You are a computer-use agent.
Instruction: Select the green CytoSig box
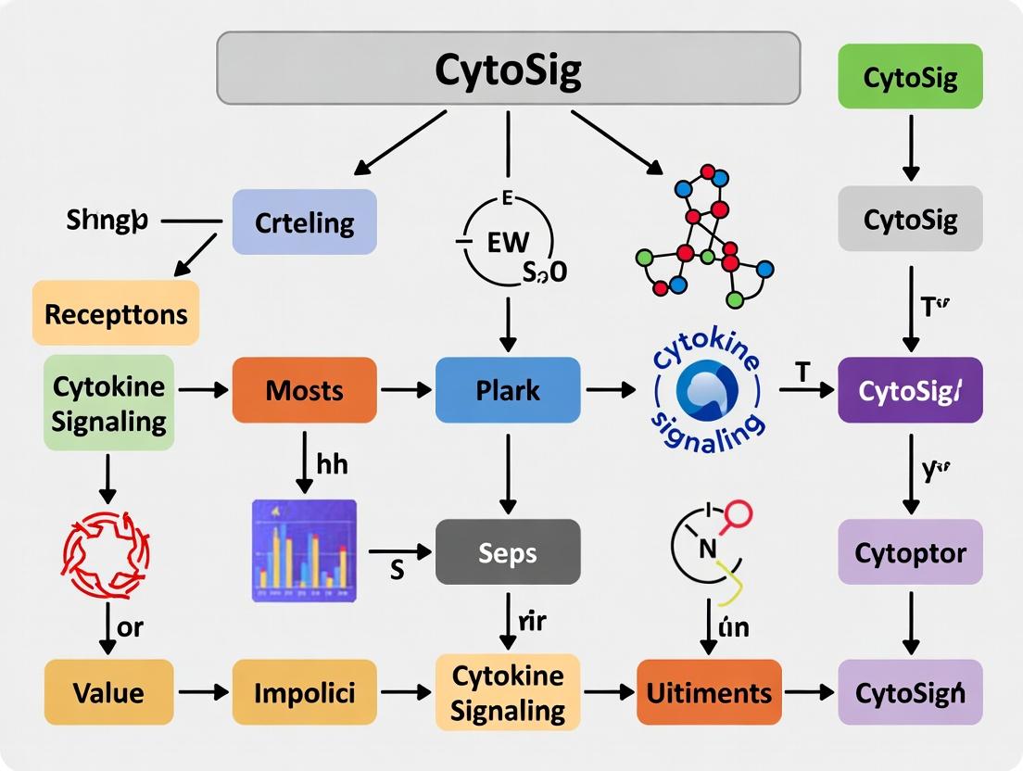pos(910,75)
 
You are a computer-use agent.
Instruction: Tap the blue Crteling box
pos(304,222)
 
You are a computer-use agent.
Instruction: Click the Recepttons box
pos(116,313)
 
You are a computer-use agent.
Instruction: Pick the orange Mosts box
pos(304,390)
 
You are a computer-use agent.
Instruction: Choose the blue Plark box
pos(508,390)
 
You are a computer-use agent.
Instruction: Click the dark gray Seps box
pos(508,552)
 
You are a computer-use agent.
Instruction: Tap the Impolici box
pos(304,691)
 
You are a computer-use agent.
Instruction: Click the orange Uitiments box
pos(709,691)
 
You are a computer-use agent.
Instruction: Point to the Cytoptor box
pos(910,552)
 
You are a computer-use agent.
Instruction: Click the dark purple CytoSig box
pos(910,390)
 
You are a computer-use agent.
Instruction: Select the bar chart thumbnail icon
pos(304,550)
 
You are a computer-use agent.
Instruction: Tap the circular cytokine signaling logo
pos(709,391)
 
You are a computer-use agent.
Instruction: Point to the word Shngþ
pos(107,221)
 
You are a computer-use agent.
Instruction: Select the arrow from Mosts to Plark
pos(406,390)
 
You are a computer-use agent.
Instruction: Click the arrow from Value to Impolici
pos(203,691)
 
